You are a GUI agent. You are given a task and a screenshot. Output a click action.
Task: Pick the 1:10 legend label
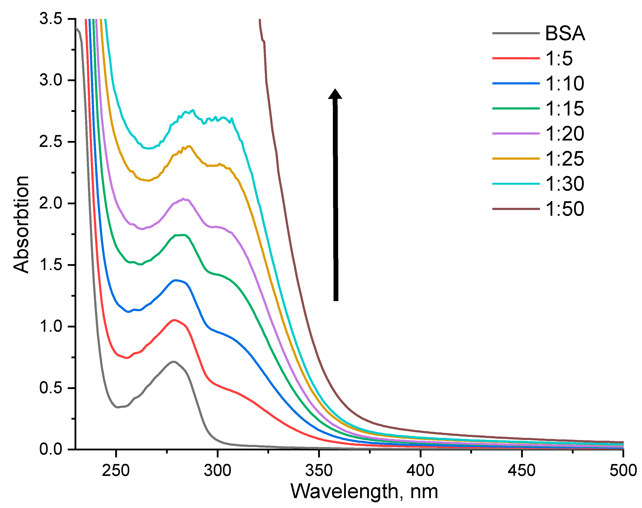coord(564,84)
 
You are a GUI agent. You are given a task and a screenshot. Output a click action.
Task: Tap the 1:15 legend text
coord(564,109)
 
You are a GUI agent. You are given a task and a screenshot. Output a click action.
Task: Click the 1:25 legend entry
coord(564,159)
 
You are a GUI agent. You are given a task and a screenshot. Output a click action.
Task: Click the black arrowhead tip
coord(335,89)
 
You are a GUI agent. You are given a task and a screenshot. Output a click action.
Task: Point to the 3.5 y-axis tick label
coord(51,19)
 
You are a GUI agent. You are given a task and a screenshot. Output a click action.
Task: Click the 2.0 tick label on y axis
coord(51,203)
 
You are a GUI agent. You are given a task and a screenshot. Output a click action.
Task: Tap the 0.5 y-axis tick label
coord(51,388)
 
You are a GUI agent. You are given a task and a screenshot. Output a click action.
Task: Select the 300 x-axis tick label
coord(217,471)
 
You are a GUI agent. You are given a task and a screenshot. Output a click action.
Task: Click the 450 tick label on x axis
coord(522,471)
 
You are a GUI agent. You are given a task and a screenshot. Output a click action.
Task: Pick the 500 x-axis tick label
coord(623,471)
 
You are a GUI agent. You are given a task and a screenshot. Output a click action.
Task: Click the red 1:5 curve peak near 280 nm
coord(175,320)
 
